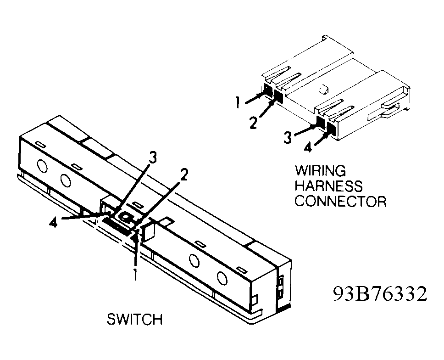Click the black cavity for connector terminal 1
click(x=266, y=91)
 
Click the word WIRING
click(x=320, y=171)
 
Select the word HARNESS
click(x=328, y=186)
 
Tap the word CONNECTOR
click(x=340, y=201)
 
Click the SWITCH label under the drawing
click(x=134, y=319)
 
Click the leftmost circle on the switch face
click(x=42, y=166)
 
